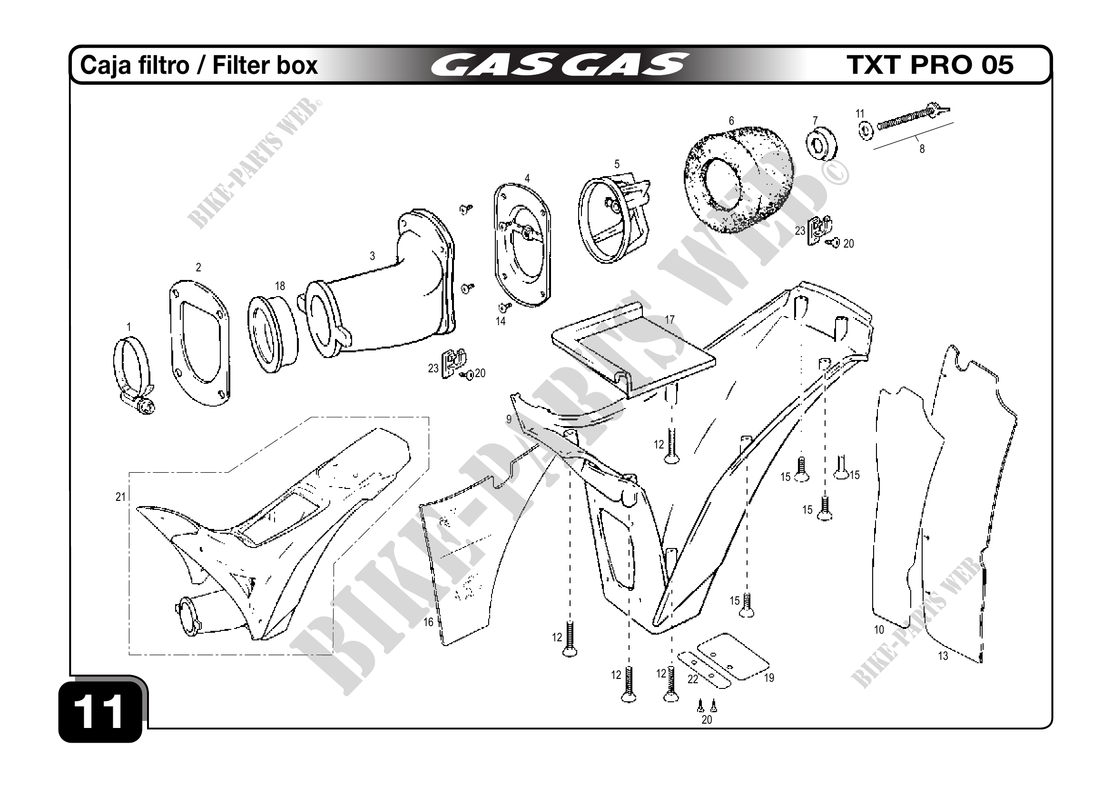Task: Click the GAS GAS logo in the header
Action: click(559, 65)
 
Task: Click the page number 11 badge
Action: click(101, 711)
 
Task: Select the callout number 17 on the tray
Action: click(669, 320)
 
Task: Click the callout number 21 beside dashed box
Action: click(120, 497)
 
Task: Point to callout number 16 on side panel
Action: click(428, 622)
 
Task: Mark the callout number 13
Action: click(943, 656)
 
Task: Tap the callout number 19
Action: click(769, 677)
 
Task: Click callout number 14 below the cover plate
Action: click(500, 321)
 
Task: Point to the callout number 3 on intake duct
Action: click(372, 256)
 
